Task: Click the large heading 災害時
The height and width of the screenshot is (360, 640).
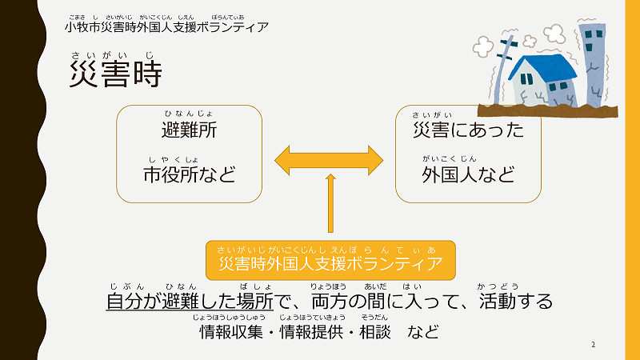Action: pyautogui.click(x=115, y=74)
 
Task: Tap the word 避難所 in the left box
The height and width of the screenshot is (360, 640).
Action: pyautogui.click(x=189, y=130)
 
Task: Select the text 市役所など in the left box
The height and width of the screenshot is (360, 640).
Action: pyautogui.click(x=189, y=174)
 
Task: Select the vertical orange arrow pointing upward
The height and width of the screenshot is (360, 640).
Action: pyautogui.click(x=330, y=206)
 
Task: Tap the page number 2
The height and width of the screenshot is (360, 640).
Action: pyautogui.click(x=593, y=344)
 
